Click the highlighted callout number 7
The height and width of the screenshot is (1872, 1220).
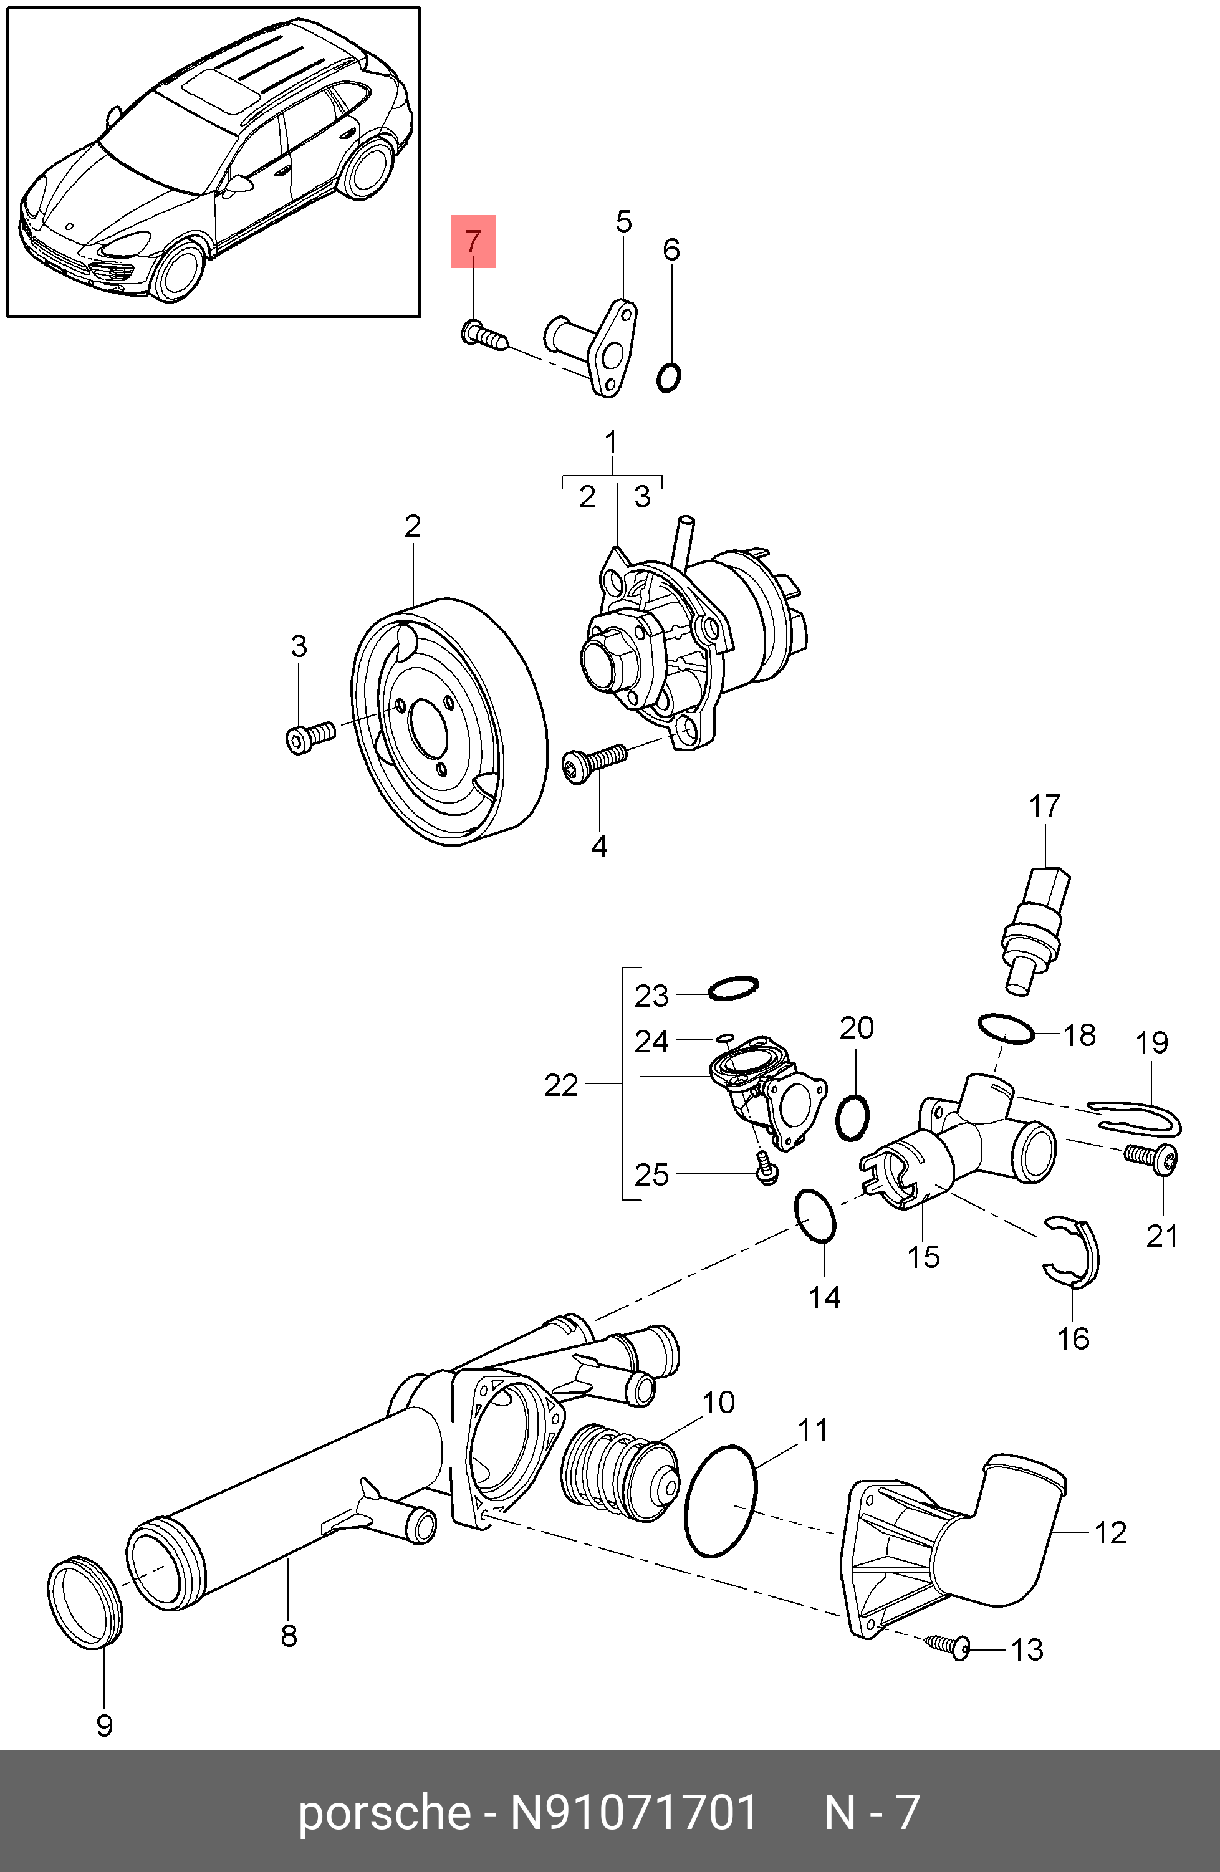(473, 241)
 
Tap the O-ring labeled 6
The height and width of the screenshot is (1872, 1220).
(669, 378)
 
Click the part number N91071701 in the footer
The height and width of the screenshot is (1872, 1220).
(634, 1812)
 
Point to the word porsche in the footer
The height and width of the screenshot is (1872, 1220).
(384, 1812)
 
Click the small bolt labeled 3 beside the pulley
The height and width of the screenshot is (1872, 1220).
(309, 737)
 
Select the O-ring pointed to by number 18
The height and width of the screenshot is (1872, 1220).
(1006, 1029)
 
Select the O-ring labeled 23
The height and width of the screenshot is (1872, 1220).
(733, 989)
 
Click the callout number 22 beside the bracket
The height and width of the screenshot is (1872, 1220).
(561, 1085)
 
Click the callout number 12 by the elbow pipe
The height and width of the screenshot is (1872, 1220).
(1110, 1532)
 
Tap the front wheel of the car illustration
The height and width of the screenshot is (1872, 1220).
(181, 271)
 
